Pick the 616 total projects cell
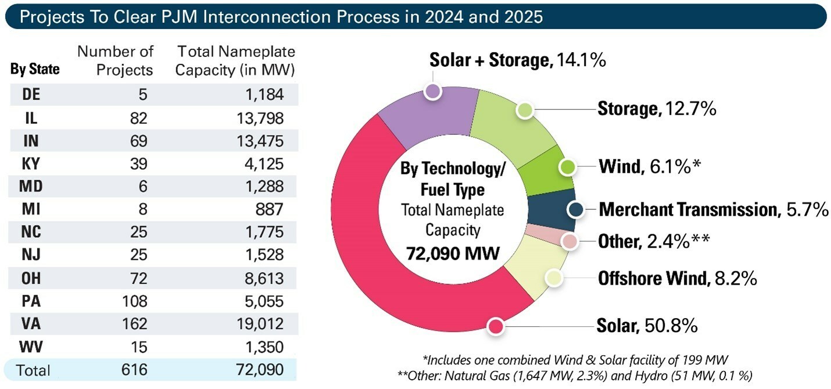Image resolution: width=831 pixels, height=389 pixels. (x=137, y=370)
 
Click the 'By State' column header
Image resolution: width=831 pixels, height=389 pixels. (x=35, y=69)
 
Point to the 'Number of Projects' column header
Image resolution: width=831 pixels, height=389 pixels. (x=116, y=60)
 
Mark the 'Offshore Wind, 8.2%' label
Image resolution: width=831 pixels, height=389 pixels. (x=677, y=279)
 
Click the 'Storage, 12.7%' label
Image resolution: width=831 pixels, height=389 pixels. (x=656, y=109)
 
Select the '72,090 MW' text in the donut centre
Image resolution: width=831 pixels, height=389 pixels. (x=453, y=253)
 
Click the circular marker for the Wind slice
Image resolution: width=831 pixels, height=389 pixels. (x=567, y=167)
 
